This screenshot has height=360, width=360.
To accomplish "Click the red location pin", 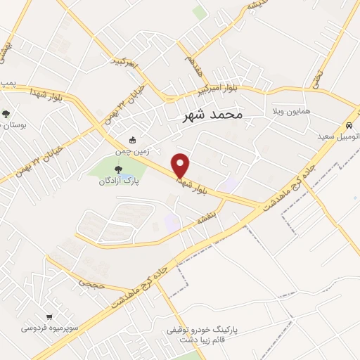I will (x=181, y=165).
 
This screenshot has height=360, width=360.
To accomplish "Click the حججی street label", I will (x=93, y=283).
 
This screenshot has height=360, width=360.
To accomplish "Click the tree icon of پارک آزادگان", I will (x=117, y=168).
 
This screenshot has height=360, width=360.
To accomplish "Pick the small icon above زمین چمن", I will (x=134, y=139).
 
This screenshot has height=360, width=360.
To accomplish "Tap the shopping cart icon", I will (x=49, y=317).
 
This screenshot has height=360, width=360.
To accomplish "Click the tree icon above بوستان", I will (x=6, y=113).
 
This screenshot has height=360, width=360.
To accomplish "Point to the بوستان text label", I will (x=13, y=124).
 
